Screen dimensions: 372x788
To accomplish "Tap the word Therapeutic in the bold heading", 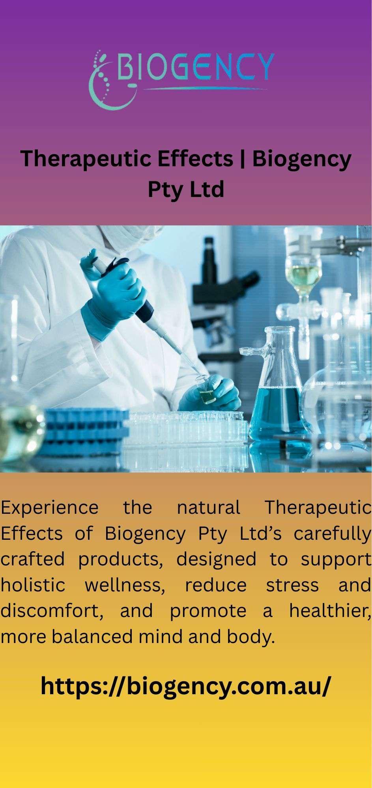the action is point(85,159).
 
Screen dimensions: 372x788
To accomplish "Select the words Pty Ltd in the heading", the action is point(186,190).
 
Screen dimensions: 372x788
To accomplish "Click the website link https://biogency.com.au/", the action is point(186,686).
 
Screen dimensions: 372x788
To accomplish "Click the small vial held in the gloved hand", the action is point(206,389).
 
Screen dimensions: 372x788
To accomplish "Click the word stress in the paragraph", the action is point(292,585).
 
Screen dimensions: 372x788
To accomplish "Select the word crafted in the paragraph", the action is point(32,559).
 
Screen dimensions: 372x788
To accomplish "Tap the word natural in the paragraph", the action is point(208,507).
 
